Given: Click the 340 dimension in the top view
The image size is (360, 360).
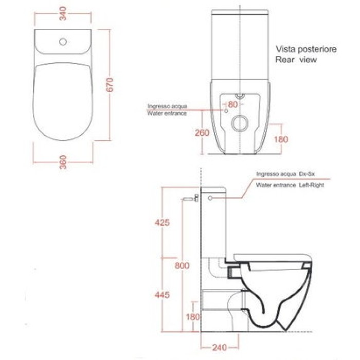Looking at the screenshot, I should click(x=64, y=14).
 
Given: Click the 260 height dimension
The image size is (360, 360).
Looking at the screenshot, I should click(x=202, y=133).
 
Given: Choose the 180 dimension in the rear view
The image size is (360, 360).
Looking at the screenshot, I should click(x=281, y=139).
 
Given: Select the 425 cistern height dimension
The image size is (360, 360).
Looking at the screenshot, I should click(x=161, y=223).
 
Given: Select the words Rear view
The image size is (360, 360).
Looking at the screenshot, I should click(x=296, y=60).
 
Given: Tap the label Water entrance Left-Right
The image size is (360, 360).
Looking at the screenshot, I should click(x=290, y=185).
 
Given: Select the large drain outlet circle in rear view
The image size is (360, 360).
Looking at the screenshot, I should click(x=240, y=124).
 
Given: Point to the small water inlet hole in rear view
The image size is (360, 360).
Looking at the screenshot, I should click(x=225, y=110).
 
